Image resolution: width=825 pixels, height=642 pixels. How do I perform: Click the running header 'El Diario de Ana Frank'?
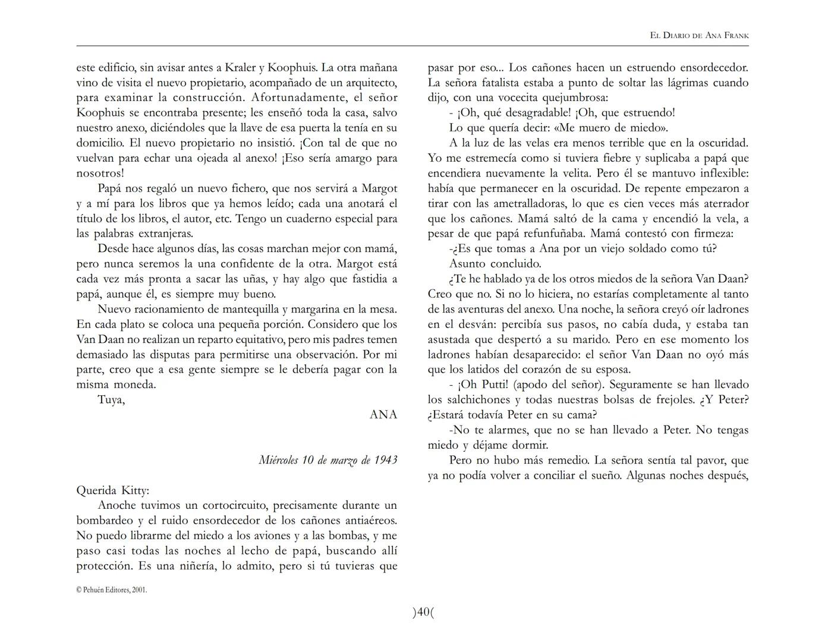pos(699,36)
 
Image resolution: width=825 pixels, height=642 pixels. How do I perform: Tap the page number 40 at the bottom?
pos(423,612)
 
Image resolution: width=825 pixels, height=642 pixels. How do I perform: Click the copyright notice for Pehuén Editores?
pos(112,590)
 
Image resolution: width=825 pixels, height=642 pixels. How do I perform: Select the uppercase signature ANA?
pos(383,415)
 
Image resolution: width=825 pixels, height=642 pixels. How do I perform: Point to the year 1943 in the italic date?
pos(385,460)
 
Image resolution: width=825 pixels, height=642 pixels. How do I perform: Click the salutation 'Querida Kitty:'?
pos(113,490)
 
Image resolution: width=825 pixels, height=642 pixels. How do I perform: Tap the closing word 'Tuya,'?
pos(111,399)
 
